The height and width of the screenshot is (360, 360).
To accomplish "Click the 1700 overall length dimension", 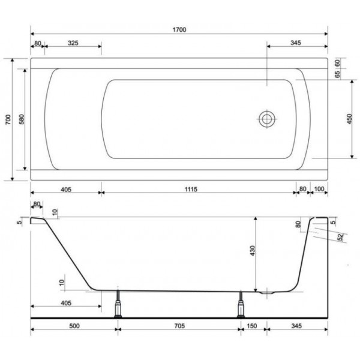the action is point(179,29).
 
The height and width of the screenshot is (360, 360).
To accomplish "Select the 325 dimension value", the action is point(73,43).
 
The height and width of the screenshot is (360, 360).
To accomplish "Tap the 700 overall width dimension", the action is point(8,119).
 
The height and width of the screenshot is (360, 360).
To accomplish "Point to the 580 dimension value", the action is point(22,119).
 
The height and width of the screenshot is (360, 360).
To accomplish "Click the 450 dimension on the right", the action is point(349,119).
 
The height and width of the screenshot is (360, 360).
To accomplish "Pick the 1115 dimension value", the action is point(191,189).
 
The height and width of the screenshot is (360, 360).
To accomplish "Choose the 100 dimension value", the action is point(319,189).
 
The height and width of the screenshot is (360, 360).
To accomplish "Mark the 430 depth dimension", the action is point(253,251).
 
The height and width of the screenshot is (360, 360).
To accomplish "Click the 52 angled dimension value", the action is point(341,237).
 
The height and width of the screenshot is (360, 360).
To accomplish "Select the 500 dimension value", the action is point(74,326).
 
